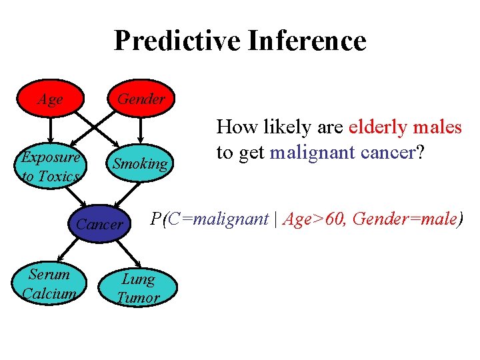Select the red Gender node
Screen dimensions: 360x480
[140, 99]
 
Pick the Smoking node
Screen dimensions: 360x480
[140, 164]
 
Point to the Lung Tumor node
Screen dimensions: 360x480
[139, 288]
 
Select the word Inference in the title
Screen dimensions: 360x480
[307, 41]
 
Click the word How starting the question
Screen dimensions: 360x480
[234, 127]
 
